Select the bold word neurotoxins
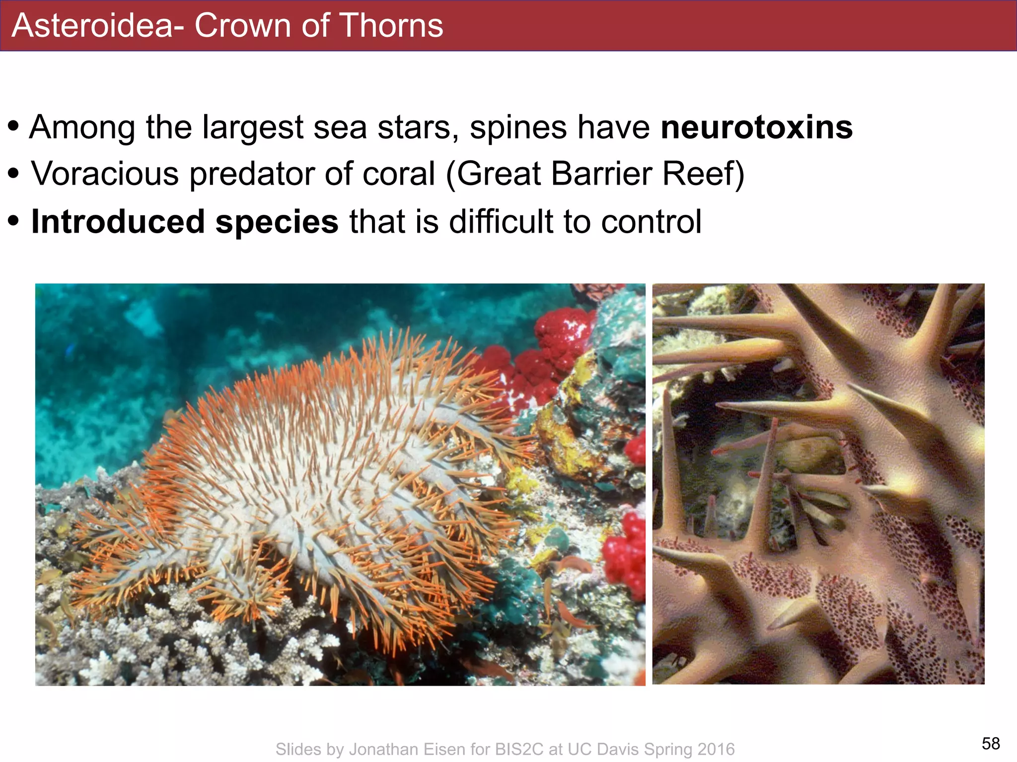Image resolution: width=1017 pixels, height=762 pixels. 756,127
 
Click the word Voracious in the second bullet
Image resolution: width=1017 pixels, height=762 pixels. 105,174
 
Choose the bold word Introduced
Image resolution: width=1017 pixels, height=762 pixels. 118,221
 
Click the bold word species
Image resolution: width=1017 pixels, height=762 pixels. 277,222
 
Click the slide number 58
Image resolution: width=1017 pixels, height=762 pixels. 991,743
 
